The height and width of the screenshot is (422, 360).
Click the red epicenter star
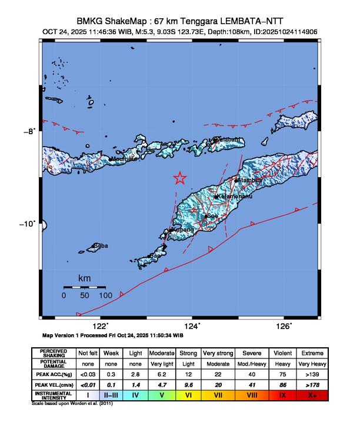click(180, 178)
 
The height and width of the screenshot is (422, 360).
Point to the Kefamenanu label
click(235, 197)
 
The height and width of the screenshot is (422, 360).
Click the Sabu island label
click(101, 246)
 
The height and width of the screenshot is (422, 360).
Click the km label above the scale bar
click(84, 277)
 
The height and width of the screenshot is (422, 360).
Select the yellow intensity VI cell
click(188, 395)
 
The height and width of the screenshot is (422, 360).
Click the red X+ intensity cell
click(312, 395)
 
